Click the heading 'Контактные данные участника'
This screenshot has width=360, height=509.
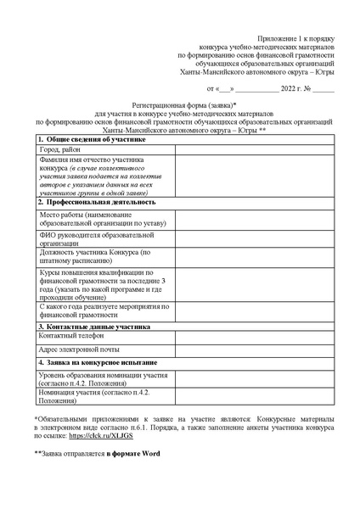click(98, 326)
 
